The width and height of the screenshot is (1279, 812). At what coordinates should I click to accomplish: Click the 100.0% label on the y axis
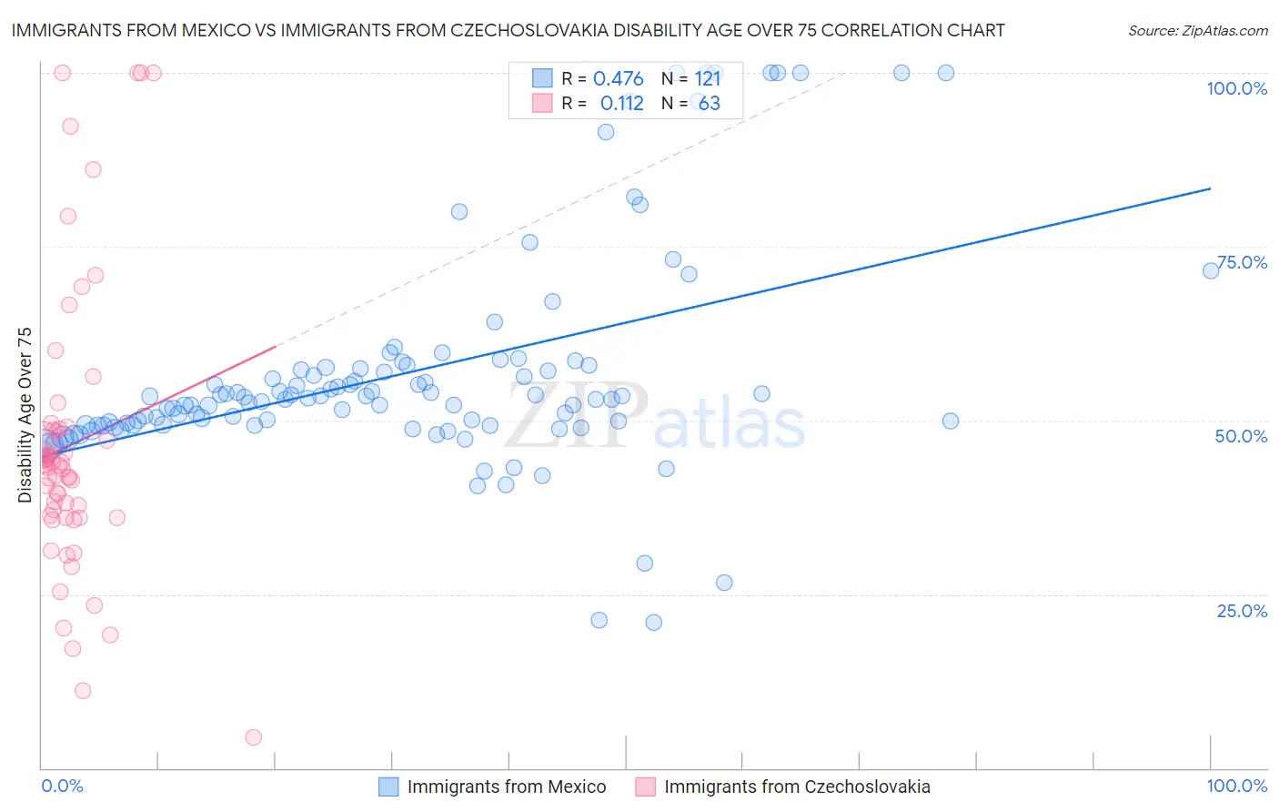[x=1236, y=88]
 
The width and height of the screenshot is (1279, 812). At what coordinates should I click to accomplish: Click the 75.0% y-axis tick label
[x=1242, y=262]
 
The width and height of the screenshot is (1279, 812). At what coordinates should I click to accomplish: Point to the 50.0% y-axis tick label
[x=1241, y=436]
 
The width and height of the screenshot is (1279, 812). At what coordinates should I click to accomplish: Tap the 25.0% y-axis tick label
[x=1242, y=611]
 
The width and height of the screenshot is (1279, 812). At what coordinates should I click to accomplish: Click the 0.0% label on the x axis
[x=62, y=787]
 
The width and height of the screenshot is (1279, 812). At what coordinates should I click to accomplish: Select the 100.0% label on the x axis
[x=1236, y=787]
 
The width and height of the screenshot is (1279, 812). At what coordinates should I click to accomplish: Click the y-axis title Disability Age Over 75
[x=25, y=415]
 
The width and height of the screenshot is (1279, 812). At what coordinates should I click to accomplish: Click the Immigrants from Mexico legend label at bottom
[x=507, y=787]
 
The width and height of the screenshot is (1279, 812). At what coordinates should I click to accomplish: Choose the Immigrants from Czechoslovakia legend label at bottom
[x=797, y=787]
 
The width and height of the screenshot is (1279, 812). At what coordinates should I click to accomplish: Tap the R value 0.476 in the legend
[x=618, y=79]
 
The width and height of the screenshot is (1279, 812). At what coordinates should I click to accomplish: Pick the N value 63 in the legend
[x=709, y=104]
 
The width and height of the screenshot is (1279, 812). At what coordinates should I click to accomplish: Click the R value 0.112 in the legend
[x=621, y=104]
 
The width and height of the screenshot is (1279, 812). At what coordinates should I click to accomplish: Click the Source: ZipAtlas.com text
[x=1197, y=31]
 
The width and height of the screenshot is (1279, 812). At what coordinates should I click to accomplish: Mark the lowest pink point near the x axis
[x=254, y=737]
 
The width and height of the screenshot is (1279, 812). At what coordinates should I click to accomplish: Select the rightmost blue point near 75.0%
[x=1211, y=270]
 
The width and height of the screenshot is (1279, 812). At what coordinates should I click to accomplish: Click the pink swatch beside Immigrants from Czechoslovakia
[x=645, y=787]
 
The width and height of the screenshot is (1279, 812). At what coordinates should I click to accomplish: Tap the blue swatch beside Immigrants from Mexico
[x=388, y=787]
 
